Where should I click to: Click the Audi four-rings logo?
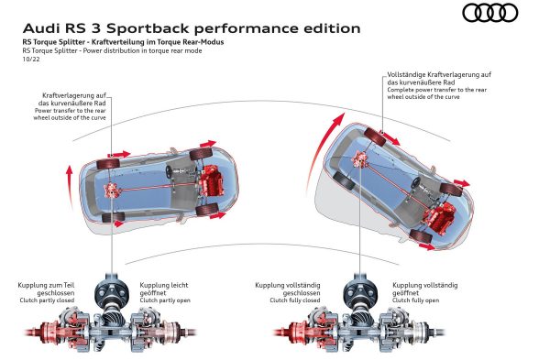click(x=490, y=13)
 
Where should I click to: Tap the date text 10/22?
click(x=31, y=60)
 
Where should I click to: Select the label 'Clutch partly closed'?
click(x=47, y=300)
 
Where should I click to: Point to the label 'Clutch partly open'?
click(x=165, y=300)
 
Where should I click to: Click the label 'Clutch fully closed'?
click(x=295, y=300)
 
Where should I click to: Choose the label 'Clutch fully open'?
click(x=415, y=300)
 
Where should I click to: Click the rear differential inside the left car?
click(x=113, y=191)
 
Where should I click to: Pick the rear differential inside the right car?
click(x=360, y=159)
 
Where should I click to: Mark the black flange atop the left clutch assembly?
click(x=111, y=290)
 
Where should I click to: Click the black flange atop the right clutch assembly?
click(x=359, y=290)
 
